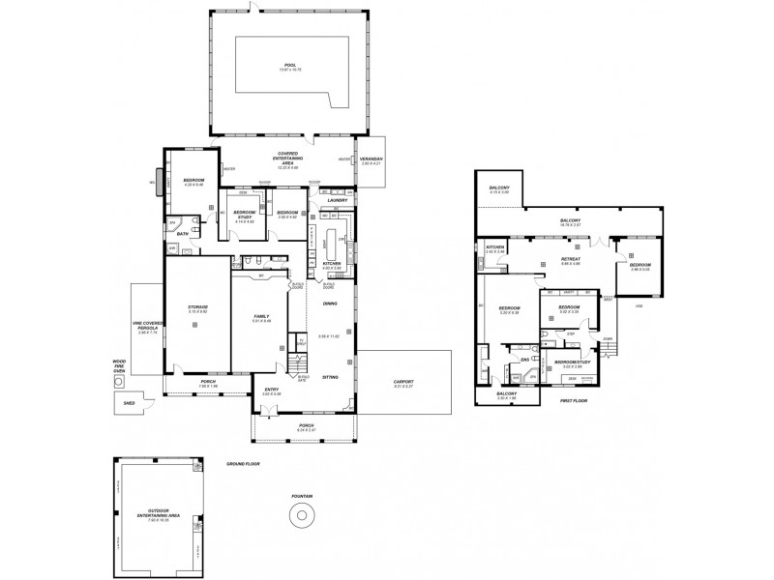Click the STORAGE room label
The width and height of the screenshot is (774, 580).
pos(198,306)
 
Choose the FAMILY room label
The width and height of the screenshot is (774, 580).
pos(261,316)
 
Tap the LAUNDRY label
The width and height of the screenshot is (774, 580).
pos(338,200)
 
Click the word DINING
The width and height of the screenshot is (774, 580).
pos(330,304)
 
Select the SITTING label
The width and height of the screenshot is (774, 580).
pos(330,377)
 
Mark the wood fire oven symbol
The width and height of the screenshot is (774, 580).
pos(119,381)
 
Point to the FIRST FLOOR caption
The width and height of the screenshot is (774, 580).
pos(574,399)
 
